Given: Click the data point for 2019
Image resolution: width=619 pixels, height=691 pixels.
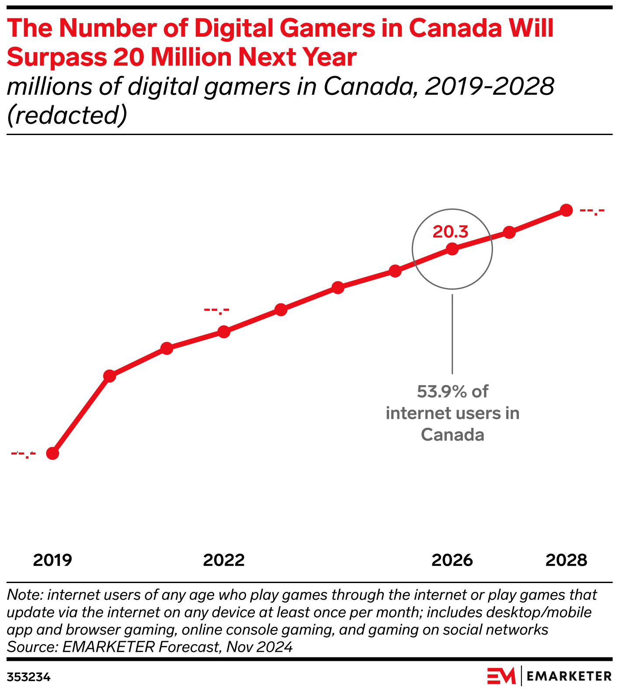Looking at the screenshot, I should [52, 453].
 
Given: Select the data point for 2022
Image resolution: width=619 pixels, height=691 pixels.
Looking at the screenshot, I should [224, 332].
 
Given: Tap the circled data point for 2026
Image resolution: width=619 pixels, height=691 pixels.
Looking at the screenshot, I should [452, 249].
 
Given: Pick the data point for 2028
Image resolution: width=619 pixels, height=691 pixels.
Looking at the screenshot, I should [566, 210].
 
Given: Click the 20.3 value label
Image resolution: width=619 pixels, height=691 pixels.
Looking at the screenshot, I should [450, 232].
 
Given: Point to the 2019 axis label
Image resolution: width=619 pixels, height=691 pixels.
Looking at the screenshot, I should [52, 560].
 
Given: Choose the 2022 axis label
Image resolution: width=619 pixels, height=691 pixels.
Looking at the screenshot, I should [224, 560].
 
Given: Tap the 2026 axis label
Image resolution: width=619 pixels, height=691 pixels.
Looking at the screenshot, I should [452, 560].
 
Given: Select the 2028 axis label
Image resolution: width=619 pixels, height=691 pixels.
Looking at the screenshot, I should [566, 560].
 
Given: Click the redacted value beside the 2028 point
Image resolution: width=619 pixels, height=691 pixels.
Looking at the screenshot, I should [592, 212].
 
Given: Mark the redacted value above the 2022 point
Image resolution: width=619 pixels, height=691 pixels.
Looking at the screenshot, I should [216, 311].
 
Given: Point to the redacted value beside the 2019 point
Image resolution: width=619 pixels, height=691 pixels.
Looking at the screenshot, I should [23, 454].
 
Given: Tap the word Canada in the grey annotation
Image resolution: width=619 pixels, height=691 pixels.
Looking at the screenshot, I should [452, 435].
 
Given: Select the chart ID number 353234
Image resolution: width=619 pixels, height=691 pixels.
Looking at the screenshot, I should [29, 677].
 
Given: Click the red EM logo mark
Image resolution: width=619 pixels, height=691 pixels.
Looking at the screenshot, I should [501, 676].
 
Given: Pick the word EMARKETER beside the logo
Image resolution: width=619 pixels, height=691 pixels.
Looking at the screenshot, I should [569, 677].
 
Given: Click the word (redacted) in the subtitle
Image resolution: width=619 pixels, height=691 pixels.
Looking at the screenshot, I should [67, 115].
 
